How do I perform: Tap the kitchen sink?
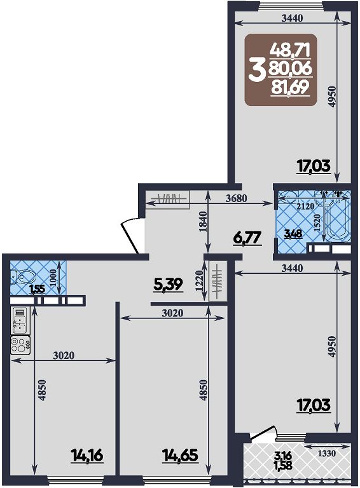tap(20, 320)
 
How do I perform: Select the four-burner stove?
tap(20, 345)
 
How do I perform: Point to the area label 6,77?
tap(247, 239)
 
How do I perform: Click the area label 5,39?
tap(168, 285)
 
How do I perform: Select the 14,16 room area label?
tap(87, 456)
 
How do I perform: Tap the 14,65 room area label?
tap(181, 456)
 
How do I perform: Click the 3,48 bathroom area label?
tap(294, 234)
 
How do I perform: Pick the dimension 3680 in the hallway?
tap(236, 198)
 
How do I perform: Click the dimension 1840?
tap(202, 222)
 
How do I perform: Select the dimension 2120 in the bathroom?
tap(305, 207)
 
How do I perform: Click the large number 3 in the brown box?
tap(256, 71)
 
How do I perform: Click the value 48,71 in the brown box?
tap(290, 50)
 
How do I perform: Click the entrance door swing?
tap(130, 236)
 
